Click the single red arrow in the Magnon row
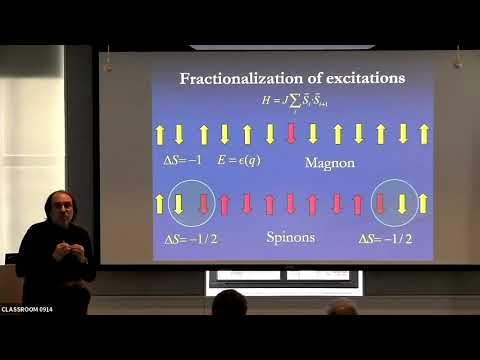tap(292, 133)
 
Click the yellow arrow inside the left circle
tap(180, 204)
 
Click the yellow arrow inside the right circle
tap(402, 204)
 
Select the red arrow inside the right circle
tap(381, 204)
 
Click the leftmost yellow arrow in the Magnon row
tap(158, 133)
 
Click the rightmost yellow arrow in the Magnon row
tap(425, 133)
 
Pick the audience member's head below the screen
tap(229, 303)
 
